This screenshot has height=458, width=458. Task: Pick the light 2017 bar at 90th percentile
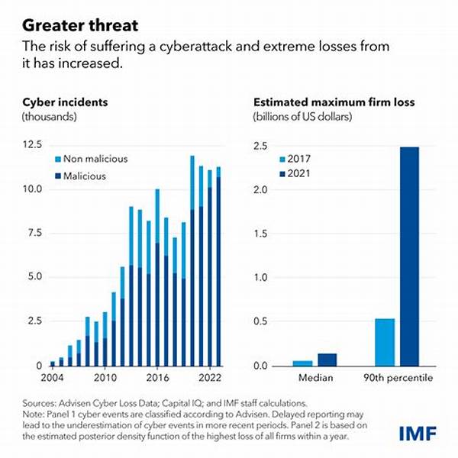385,342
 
